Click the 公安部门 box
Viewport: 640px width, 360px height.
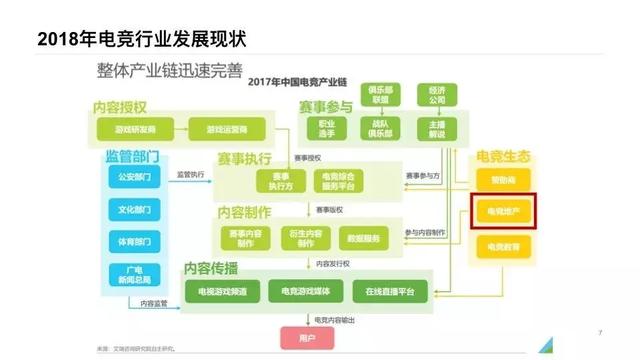[134, 178]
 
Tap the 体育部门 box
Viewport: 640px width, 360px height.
[134, 241]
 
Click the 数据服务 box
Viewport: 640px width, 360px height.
[362, 238]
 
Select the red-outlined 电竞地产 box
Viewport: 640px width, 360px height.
[504, 212]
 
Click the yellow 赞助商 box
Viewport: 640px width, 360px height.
[504, 180]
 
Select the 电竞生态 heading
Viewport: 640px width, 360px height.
[502, 158]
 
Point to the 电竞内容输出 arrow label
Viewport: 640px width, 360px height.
[333, 319]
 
